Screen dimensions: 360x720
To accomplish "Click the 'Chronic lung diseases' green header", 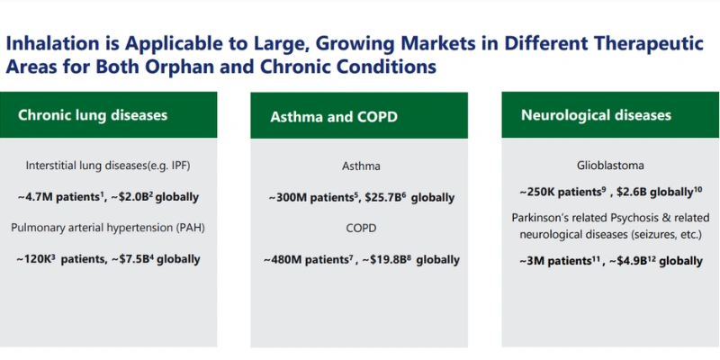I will pos(109,115).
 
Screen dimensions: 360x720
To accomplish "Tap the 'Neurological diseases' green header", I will pos(610,115).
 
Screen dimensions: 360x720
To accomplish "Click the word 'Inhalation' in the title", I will pos(52,42).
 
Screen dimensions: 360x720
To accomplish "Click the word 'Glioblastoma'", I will pos(610,166).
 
